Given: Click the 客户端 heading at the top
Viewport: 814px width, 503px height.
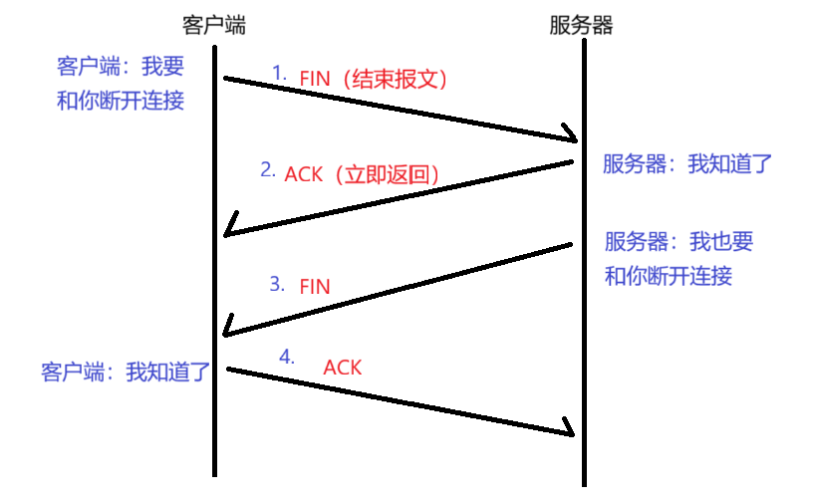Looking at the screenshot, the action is tap(215, 24).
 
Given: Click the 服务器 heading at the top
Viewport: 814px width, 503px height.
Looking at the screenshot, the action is tap(581, 24).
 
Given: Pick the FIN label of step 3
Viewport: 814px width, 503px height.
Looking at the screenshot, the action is tap(314, 286).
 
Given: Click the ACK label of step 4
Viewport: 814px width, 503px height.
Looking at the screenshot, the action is tap(342, 368).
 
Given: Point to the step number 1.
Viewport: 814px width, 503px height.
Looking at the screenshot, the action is tap(279, 73).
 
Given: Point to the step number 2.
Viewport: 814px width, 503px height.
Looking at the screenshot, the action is tap(267, 169).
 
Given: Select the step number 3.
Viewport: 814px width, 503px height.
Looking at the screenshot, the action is tap(277, 284).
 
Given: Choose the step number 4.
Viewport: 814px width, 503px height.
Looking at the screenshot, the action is tap(287, 356).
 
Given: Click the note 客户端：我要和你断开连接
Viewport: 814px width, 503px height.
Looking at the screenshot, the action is tap(121, 84).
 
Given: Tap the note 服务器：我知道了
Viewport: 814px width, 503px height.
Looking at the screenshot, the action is tap(687, 164).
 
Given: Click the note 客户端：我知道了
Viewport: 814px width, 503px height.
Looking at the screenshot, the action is tap(126, 373).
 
